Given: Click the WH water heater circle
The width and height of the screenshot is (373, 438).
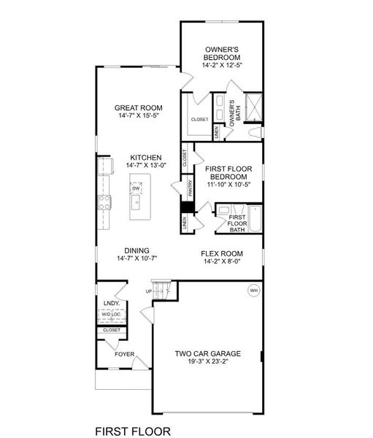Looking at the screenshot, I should point(254,291).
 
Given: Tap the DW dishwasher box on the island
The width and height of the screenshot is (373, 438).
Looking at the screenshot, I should point(136,188).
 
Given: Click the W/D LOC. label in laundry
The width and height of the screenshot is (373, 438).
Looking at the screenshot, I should point(111,315).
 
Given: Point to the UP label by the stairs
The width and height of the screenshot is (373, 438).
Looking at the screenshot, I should point(150,291).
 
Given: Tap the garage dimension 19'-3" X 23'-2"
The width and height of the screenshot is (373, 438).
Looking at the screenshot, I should point(207,362).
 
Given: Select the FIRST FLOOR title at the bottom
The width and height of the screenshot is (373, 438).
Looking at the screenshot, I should point(135,423).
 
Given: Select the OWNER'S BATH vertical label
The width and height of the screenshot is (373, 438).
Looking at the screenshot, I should point(232,115).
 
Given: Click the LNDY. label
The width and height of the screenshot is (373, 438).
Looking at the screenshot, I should point(111,301).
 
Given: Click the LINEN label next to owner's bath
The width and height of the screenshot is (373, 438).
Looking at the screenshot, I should point(216,132).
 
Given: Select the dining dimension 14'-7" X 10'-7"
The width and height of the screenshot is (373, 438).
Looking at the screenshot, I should point(137,258).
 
